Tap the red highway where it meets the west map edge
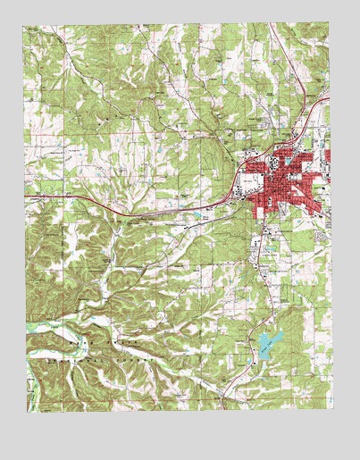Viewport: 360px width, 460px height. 27,197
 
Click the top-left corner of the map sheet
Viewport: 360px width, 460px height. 26,26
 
